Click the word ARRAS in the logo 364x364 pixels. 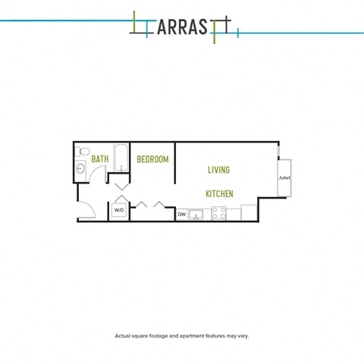[182, 27]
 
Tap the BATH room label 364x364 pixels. [100, 159]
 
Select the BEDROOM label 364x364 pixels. [152, 159]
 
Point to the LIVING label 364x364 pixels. [218, 170]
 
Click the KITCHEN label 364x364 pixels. [219, 194]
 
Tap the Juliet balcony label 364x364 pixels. [284, 177]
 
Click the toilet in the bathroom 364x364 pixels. [83, 152]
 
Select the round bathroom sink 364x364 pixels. [80, 168]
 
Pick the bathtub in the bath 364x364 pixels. [121, 158]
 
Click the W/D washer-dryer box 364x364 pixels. [119, 210]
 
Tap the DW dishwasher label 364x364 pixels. [182, 215]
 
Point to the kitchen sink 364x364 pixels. [196, 215]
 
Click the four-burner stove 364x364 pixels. [219, 213]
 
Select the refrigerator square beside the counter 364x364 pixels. [249, 212]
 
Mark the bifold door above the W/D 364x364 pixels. [122, 199]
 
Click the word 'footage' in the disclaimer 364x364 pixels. [158, 336]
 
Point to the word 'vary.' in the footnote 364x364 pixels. [243, 336]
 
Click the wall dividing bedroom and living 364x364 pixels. [174, 163]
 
